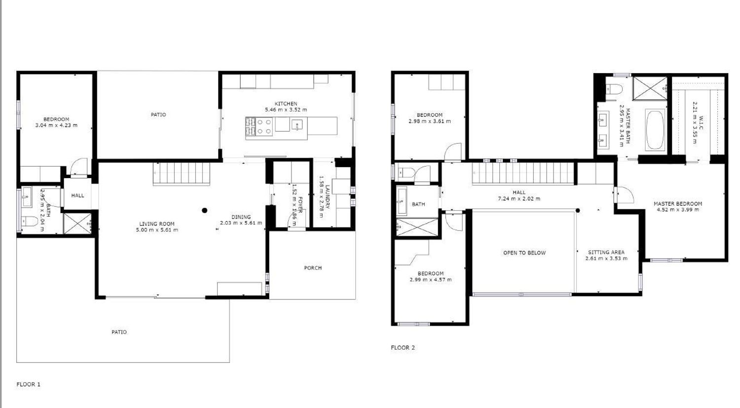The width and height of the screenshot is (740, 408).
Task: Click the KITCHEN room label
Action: coord(286,104)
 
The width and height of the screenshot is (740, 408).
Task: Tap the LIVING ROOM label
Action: coord(156,224)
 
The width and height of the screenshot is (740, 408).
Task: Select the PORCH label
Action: coord(313,268)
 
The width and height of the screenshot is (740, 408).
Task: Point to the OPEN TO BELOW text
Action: coord(524,253)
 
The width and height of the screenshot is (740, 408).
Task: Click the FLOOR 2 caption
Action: coord(403,347)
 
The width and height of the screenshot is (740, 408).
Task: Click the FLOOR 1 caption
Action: coord(29,384)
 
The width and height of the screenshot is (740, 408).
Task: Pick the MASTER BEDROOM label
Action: coord(678,204)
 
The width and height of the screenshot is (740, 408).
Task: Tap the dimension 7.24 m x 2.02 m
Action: coord(519,199)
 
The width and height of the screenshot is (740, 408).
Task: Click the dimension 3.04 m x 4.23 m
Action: coord(56,125)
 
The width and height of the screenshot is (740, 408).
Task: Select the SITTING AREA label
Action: coord(606,253)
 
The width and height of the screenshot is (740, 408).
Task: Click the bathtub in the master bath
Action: coord(655,130)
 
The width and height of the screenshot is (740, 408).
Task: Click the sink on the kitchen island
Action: coord(297,125)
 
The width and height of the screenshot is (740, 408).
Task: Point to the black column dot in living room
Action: coord(205,211)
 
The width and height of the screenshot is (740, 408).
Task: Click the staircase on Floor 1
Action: coord(182,174)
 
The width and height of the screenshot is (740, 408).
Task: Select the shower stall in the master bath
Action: coord(650,88)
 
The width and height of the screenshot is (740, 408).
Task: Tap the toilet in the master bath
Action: coord(614,89)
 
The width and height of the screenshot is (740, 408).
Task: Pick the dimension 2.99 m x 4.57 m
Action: coord(431,280)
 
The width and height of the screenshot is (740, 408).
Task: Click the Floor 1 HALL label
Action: coord(77,195)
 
